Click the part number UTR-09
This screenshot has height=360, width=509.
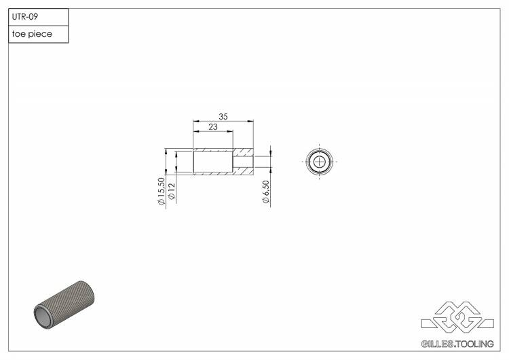pyautogui.click(x=25, y=16)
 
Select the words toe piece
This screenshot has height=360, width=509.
pyautogui.click(x=32, y=34)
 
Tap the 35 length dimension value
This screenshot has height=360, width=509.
pyautogui.click(x=223, y=116)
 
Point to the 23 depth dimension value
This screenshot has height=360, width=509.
pyautogui.click(x=213, y=127)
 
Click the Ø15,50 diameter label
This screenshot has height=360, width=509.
pyautogui.click(x=162, y=191)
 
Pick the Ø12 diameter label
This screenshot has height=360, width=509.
pyautogui.click(x=172, y=191)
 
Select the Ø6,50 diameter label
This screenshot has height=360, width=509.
pyautogui.click(x=266, y=192)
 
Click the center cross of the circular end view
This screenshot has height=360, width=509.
pyautogui.click(x=320, y=161)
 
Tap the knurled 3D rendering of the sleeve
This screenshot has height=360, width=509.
pyautogui.click(x=64, y=305)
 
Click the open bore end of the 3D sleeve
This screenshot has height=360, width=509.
pyautogui.click(x=43, y=317)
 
